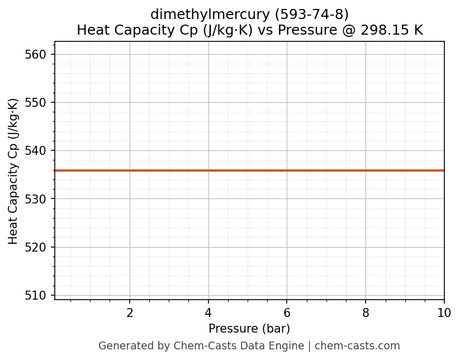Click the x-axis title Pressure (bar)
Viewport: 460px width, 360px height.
[249, 329]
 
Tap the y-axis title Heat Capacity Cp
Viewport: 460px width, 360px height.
[13, 170]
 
